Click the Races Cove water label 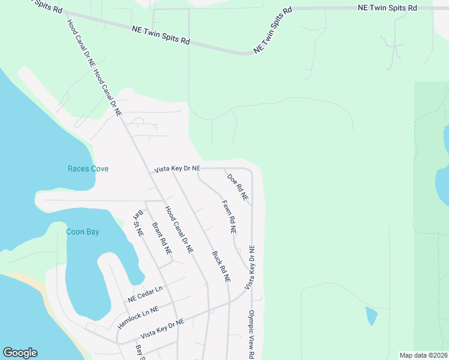[x=88, y=169]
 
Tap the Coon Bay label [x=82, y=232]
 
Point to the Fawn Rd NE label [x=229, y=217]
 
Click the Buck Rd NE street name [x=221, y=266]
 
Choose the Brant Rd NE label [x=161, y=238]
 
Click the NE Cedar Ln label [x=145, y=293]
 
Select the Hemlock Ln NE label [x=138, y=316]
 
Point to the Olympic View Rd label [x=252, y=334]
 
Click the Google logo [x=20, y=353]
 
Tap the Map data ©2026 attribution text [x=423, y=355]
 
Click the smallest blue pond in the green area [x=372, y=316]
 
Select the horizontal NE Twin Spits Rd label [x=387, y=8]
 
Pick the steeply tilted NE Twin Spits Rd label [x=273, y=30]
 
